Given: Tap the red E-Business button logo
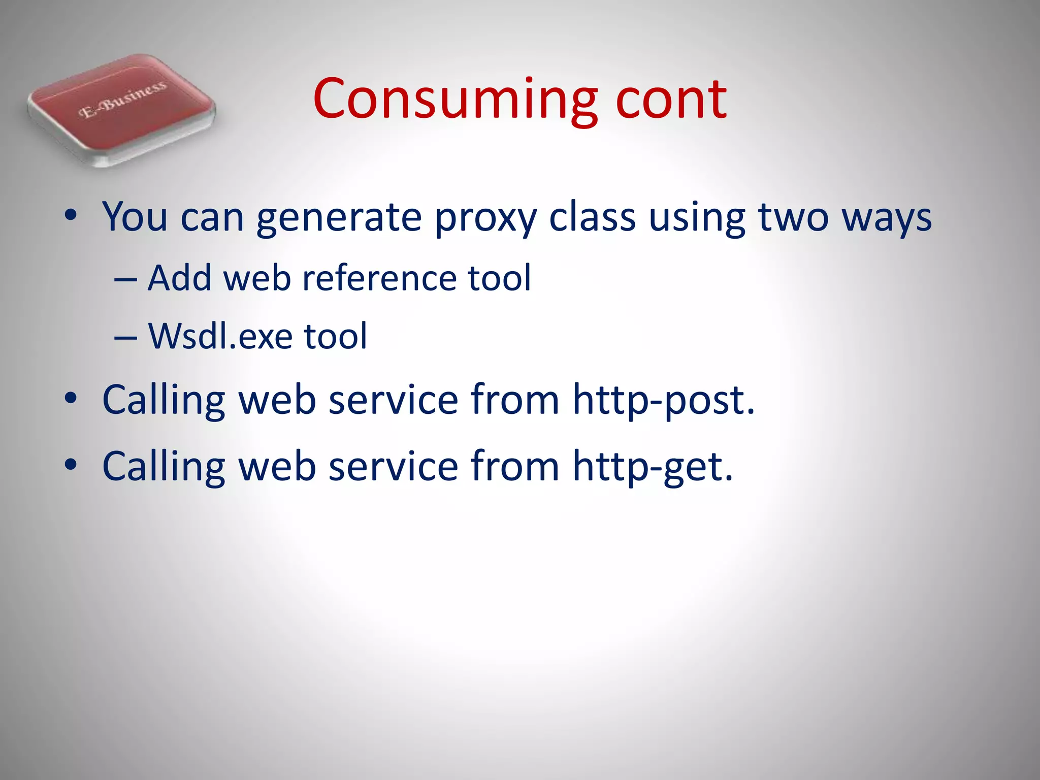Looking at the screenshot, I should click(122, 109).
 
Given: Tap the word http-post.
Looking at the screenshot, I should click(663, 400).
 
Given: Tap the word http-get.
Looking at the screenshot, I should click(653, 466).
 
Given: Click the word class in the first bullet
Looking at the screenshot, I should click(592, 217).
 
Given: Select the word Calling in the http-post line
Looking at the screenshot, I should click(164, 400).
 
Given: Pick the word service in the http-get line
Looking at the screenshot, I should click(394, 466).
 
